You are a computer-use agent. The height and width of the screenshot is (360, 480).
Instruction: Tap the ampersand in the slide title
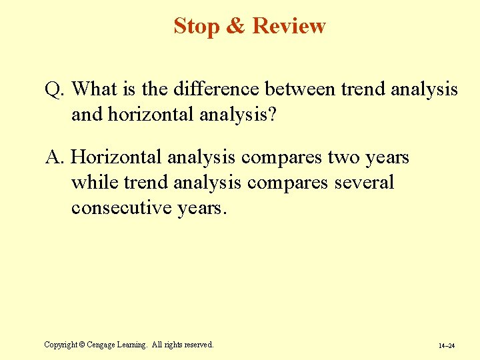pos(236,26)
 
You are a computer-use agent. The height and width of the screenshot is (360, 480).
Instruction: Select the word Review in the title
pos(289,26)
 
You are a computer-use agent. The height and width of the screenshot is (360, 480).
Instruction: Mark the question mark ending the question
pos(273,115)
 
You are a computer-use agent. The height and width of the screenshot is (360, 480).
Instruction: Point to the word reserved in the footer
pos(195,345)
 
